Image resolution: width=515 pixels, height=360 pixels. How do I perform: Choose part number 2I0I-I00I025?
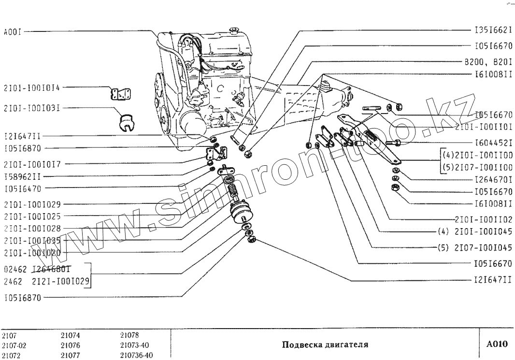click(x=31, y=216)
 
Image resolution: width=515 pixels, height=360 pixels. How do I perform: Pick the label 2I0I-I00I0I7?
click(x=31, y=164)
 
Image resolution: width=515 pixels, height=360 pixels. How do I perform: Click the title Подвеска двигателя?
click(x=325, y=346)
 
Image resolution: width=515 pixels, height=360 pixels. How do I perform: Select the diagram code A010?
click(x=497, y=345)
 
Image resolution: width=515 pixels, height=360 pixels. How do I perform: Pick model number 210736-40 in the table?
click(x=136, y=355)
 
